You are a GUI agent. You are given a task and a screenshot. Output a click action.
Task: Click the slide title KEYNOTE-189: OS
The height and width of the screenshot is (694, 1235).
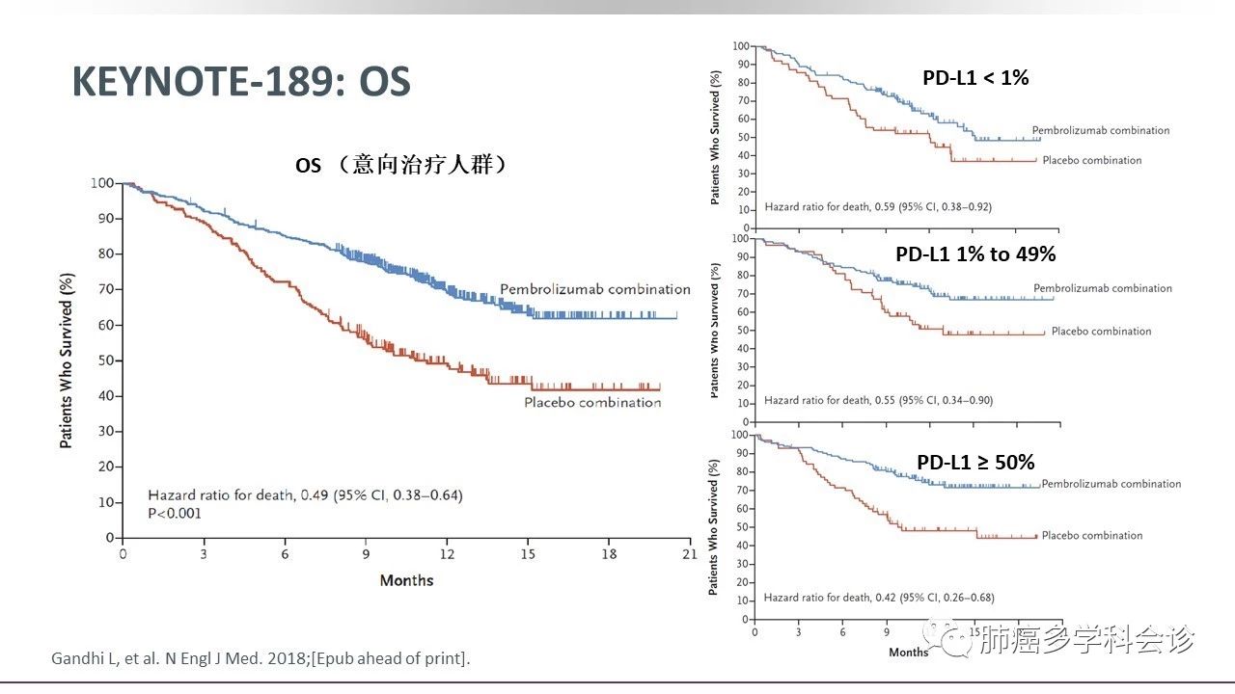pos(241,83)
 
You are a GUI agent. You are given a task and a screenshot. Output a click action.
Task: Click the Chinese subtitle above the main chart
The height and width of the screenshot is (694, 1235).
pos(401,166)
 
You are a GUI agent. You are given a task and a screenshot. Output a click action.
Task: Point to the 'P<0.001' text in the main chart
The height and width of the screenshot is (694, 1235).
pos(175,514)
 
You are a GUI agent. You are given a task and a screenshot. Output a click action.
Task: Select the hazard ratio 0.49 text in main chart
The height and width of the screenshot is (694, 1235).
pos(305,495)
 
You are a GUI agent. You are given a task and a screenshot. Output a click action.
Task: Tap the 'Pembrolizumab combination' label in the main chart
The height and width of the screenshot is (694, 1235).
pos(594,289)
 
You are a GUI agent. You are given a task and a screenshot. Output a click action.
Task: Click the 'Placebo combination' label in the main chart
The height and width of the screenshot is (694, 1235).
pos(592,402)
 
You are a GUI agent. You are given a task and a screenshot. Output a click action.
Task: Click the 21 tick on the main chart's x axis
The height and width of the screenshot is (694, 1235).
pos(688,554)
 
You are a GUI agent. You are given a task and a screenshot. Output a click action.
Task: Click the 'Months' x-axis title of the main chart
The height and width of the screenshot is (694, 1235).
pos(406,580)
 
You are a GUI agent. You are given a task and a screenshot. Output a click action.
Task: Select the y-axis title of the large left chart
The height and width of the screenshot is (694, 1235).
pos(67,360)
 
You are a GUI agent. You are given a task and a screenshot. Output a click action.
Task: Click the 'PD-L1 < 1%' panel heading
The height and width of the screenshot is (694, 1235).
pos(975,78)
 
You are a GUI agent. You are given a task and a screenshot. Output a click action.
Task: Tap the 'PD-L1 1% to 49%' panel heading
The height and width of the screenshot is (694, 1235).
pos(975,254)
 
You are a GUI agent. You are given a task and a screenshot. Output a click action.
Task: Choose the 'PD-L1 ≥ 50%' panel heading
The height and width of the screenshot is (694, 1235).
pos(975,463)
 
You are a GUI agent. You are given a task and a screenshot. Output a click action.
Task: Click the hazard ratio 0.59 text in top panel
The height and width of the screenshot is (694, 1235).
pos(878,207)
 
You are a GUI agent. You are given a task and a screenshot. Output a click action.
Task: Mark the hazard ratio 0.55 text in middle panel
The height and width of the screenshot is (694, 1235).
pos(878,400)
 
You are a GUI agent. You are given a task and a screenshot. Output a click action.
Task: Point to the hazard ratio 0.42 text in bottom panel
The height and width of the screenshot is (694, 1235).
pos(878,598)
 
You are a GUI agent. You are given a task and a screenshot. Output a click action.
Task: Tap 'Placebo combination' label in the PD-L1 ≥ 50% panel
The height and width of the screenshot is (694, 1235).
pos(1092,536)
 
